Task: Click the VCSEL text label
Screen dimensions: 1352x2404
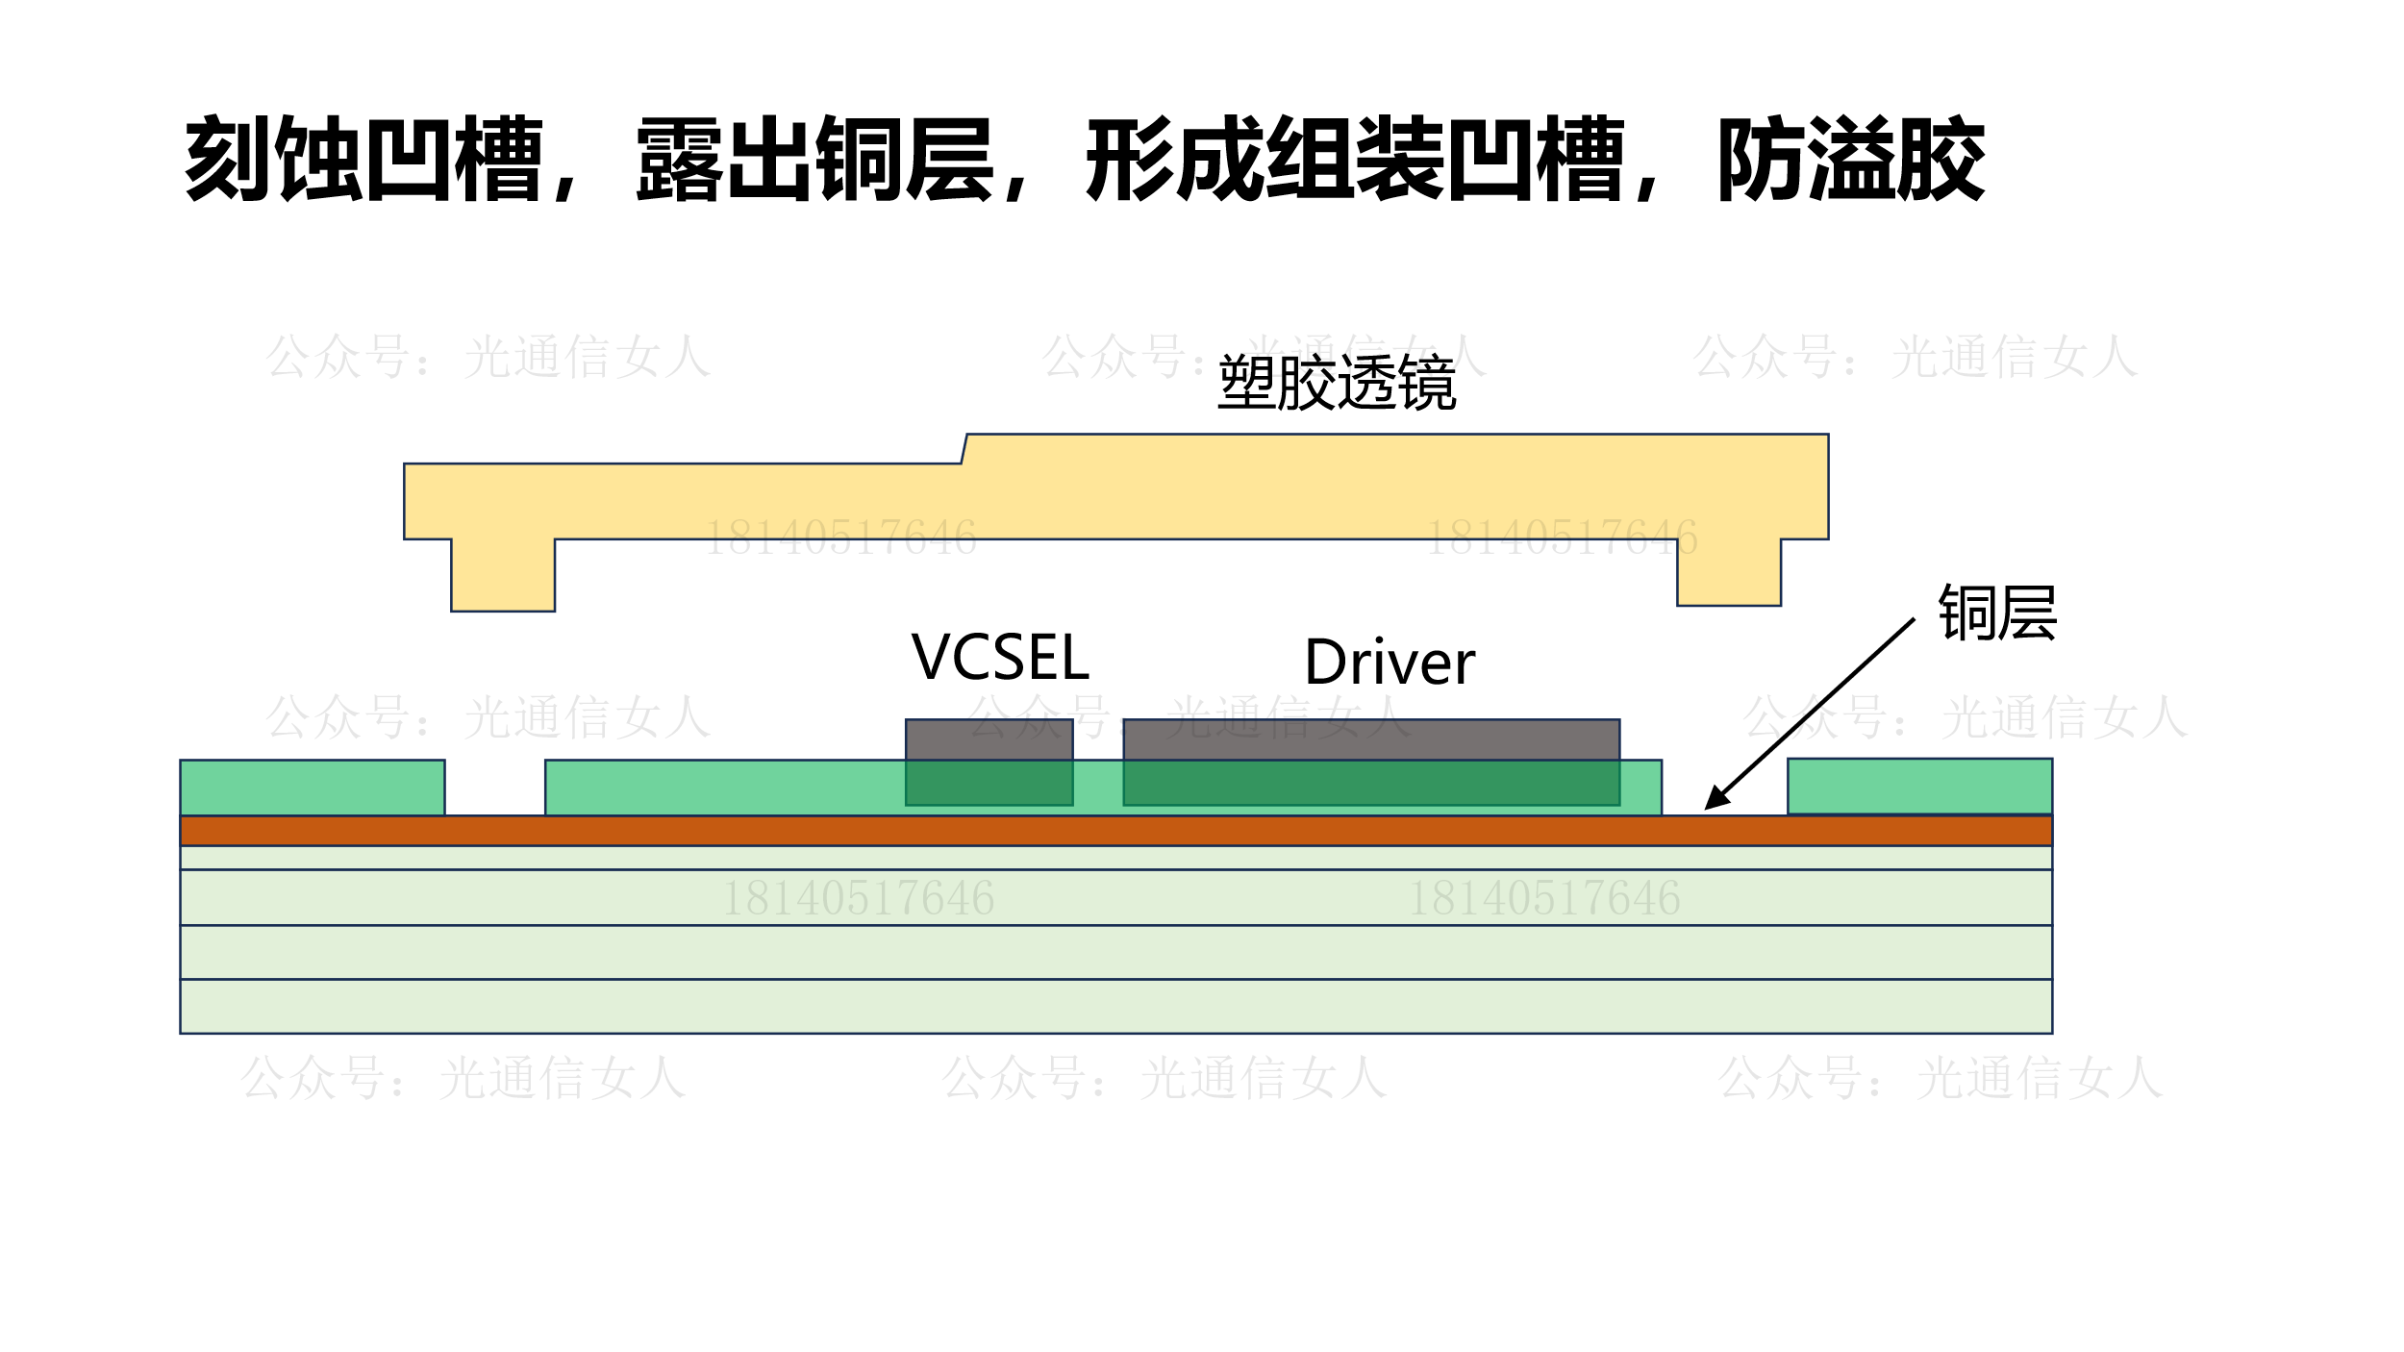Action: click(x=999, y=658)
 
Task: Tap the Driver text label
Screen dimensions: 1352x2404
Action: click(x=1389, y=663)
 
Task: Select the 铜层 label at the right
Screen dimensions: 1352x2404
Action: click(x=1997, y=613)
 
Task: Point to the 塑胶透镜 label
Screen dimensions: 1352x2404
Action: click(x=1337, y=383)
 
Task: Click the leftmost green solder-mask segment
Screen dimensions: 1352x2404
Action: click(x=313, y=787)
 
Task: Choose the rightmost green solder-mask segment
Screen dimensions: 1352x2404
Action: click(x=1919, y=786)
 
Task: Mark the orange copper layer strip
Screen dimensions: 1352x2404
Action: click(x=1115, y=831)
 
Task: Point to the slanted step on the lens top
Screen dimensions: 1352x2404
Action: click(x=964, y=449)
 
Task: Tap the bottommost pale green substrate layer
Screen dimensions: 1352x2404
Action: click(x=1115, y=1006)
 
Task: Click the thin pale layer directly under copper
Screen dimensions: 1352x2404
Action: click(x=1115, y=858)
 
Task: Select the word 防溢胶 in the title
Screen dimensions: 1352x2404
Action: click(x=1851, y=159)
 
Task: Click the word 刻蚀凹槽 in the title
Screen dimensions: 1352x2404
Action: click(x=364, y=159)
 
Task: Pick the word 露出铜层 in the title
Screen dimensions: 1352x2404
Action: click(x=814, y=159)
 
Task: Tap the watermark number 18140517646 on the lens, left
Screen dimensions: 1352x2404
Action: click(x=840, y=538)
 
